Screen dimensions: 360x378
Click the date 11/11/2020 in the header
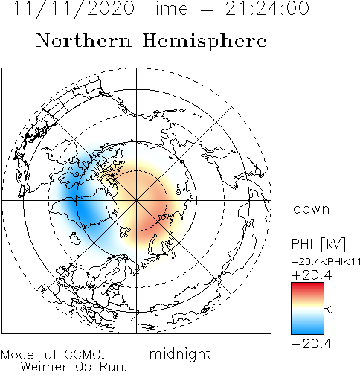pyautogui.click(x=74, y=9)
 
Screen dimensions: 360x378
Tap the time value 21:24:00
pyautogui.click(x=267, y=8)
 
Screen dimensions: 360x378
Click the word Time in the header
pyautogui.click(x=167, y=8)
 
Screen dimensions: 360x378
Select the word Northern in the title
pyautogui.click(x=84, y=40)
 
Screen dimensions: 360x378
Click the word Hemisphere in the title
pyautogui.click(x=205, y=42)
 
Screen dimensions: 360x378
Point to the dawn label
pyautogui.click(x=312, y=209)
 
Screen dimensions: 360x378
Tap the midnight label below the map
pyautogui.click(x=180, y=353)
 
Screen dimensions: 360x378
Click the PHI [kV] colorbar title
pyautogui.click(x=318, y=244)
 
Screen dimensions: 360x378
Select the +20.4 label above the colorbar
pyautogui.click(x=312, y=275)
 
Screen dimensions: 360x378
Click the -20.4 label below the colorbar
pyautogui.click(x=312, y=344)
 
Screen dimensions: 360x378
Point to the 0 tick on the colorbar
pyautogui.click(x=330, y=310)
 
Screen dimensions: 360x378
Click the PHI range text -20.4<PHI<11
pyautogui.click(x=326, y=262)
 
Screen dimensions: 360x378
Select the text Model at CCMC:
pyautogui.click(x=53, y=355)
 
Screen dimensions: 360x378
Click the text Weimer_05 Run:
pyautogui.click(x=74, y=367)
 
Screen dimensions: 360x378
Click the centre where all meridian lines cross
pyautogui.click(x=136, y=200)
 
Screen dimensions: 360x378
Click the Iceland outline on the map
pyautogui.click(x=74, y=239)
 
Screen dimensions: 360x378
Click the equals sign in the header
pyautogui.click(x=206, y=10)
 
